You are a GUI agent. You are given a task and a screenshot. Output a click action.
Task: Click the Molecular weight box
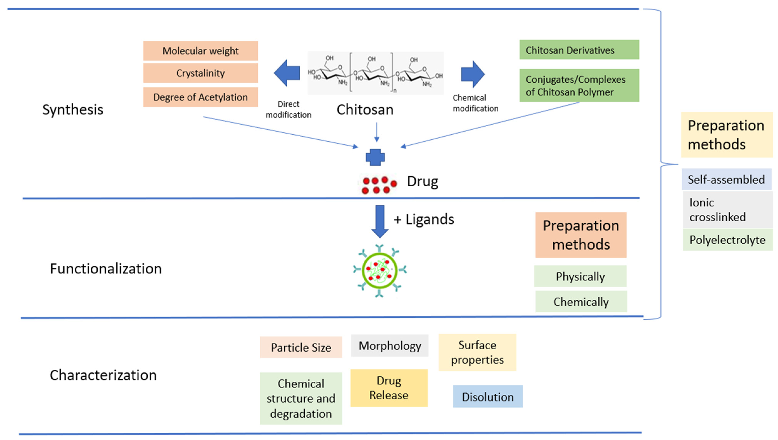coord(201,51)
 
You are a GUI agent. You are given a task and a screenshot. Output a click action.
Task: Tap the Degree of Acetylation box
coord(201,97)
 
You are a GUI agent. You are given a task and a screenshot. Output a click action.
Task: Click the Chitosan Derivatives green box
coord(579,50)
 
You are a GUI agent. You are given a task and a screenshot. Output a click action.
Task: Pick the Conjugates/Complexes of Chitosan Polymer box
coord(579,85)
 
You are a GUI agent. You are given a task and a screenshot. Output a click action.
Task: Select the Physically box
coord(580,276)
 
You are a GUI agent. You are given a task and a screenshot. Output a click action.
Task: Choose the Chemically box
coord(581,302)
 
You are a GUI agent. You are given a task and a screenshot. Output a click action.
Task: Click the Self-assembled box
coord(726,179)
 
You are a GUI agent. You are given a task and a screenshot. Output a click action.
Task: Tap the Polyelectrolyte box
coord(727,240)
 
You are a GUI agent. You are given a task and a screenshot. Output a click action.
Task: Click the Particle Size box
coord(301,347)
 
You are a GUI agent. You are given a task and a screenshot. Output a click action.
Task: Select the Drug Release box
coord(389,388)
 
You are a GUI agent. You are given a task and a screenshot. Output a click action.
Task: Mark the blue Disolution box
coord(488,396)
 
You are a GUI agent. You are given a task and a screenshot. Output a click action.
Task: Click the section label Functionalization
coord(106,269)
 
